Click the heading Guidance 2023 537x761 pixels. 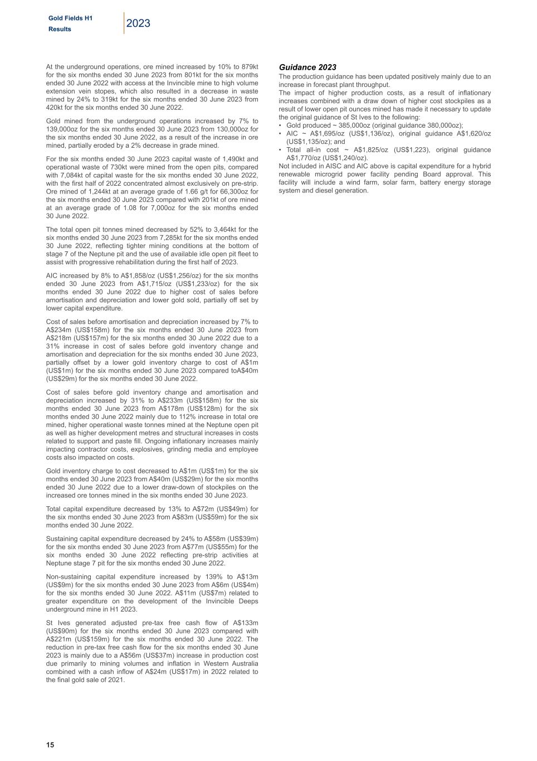click(x=307, y=67)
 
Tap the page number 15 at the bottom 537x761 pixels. click(x=50, y=745)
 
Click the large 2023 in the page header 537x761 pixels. click(x=138, y=23)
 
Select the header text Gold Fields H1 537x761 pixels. click(x=70, y=18)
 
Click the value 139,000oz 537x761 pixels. click(x=64, y=129)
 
